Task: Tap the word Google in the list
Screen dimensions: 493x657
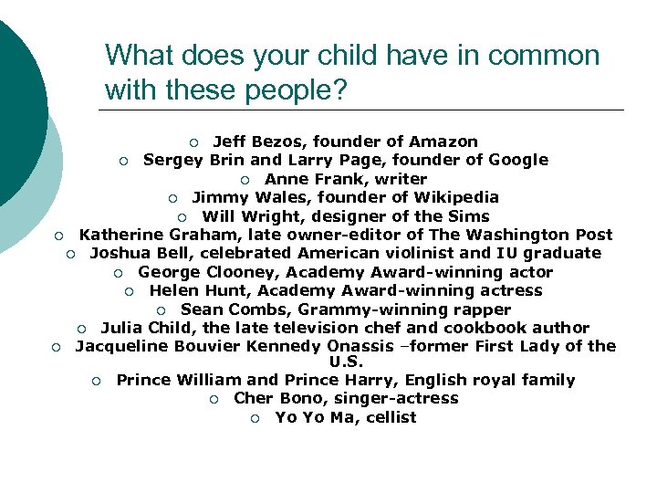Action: pyautogui.click(x=518, y=160)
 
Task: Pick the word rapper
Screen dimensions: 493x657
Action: pyautogui.click(x=482, y=309)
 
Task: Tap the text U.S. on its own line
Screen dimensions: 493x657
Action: pyautogui.click(x=346, y=362)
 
